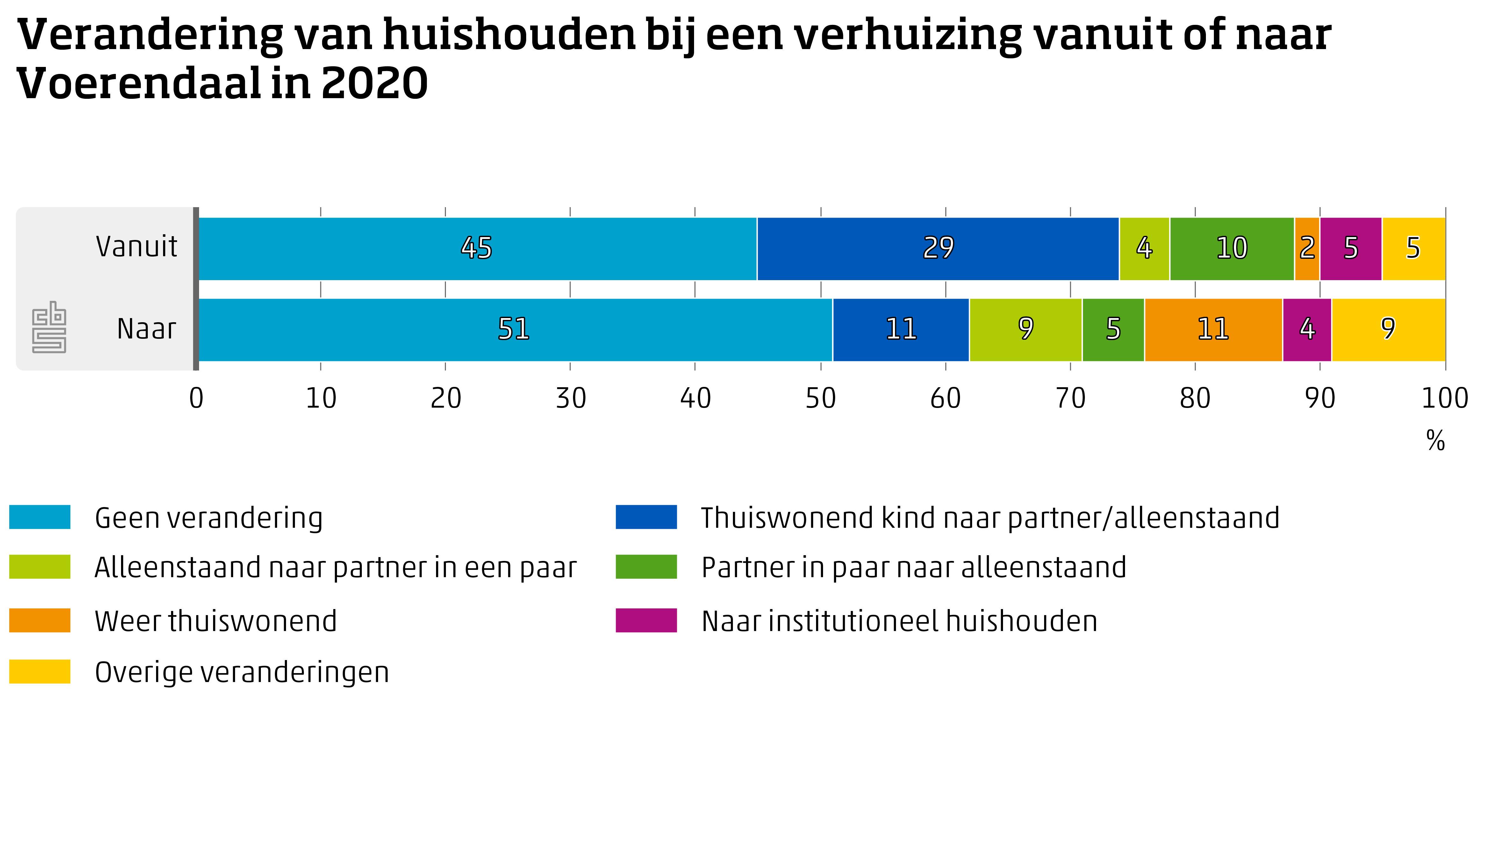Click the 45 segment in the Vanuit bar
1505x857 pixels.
pos(477,248)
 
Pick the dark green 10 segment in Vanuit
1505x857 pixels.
pos(1231,248)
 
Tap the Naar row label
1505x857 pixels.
pos(147,329)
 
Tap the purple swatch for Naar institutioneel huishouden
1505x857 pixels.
pos(646,621)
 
